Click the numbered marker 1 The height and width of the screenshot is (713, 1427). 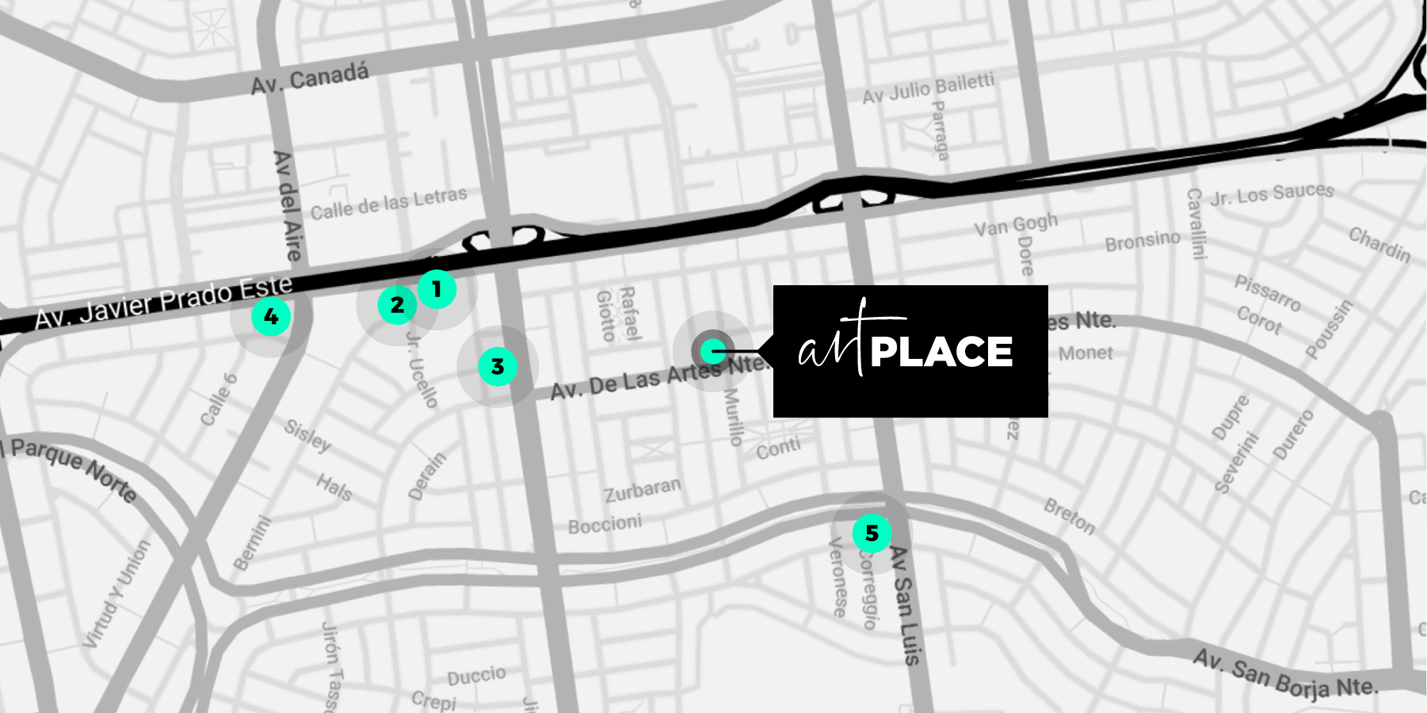(x=436, y=290)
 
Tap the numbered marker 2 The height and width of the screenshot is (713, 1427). (x=397, y=305)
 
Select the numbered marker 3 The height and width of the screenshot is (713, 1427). (x=498, y=367)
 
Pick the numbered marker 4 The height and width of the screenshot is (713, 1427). (x=271, y=317)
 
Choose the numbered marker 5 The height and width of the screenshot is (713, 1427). (x=872, y=533)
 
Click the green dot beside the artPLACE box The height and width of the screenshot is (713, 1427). (x=714, y=350)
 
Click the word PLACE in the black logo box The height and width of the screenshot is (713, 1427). (x=941, y=353)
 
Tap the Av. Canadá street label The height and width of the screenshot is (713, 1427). (x=310, y=78)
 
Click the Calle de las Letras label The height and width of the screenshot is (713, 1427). (x=388, y=203)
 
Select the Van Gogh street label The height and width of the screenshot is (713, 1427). (x=1016, y=225)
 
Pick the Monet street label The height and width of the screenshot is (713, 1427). (x=1086, y=353)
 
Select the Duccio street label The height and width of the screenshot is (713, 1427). (x=476, y=676)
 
